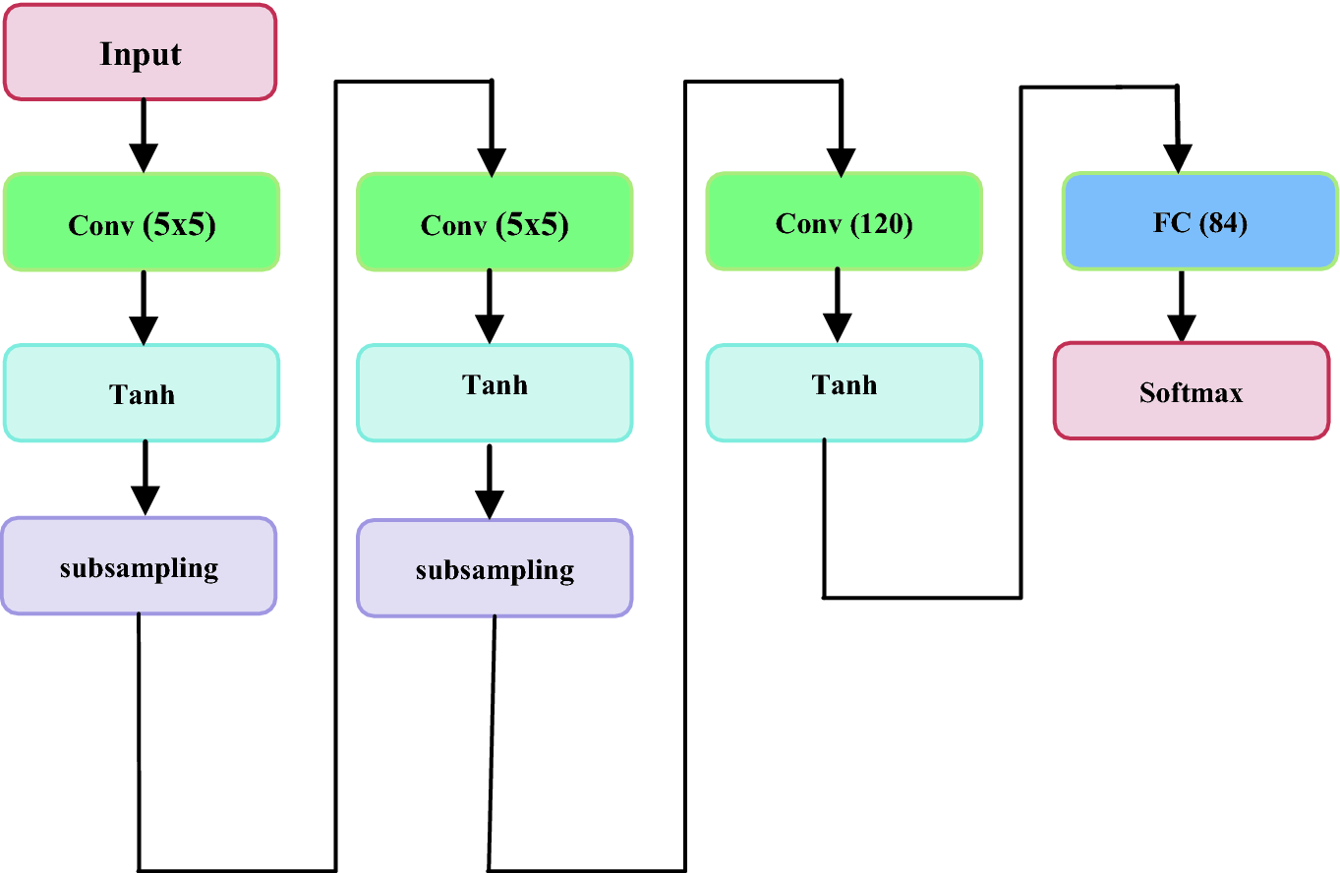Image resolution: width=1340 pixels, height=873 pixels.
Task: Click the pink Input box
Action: click(x=140, y=52)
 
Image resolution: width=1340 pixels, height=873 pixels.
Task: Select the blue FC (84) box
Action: click(x=1199, y=222)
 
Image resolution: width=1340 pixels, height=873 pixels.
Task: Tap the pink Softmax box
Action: click(x=1192, y=391)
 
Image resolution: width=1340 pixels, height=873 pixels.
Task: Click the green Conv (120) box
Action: click(x=844, y=222)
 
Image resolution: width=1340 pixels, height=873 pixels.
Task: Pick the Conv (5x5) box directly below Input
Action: click(x=142, y=223)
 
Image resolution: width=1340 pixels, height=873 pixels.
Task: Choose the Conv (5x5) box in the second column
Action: click(x=495, y=223)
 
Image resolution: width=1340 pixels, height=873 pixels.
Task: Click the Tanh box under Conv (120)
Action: click(x=844, y=391)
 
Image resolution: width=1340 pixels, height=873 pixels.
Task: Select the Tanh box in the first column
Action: click(x=142, y=392)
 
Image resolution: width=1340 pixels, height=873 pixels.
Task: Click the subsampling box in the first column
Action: click(x=139, y=566)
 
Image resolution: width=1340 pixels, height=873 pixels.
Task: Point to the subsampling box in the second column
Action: click(x=495, y=568)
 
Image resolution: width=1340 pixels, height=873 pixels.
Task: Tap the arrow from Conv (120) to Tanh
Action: click(x=838, y=306)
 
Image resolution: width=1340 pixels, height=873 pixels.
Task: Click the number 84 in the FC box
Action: click(x=1222, y=223)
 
